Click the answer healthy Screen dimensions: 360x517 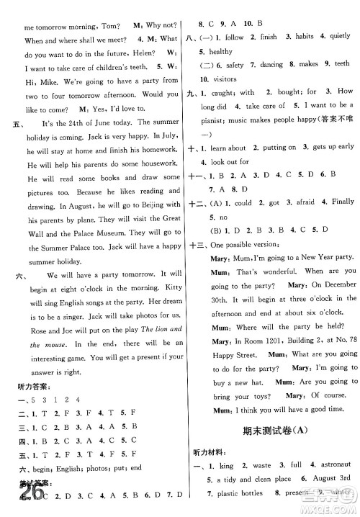tap(220, 52)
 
